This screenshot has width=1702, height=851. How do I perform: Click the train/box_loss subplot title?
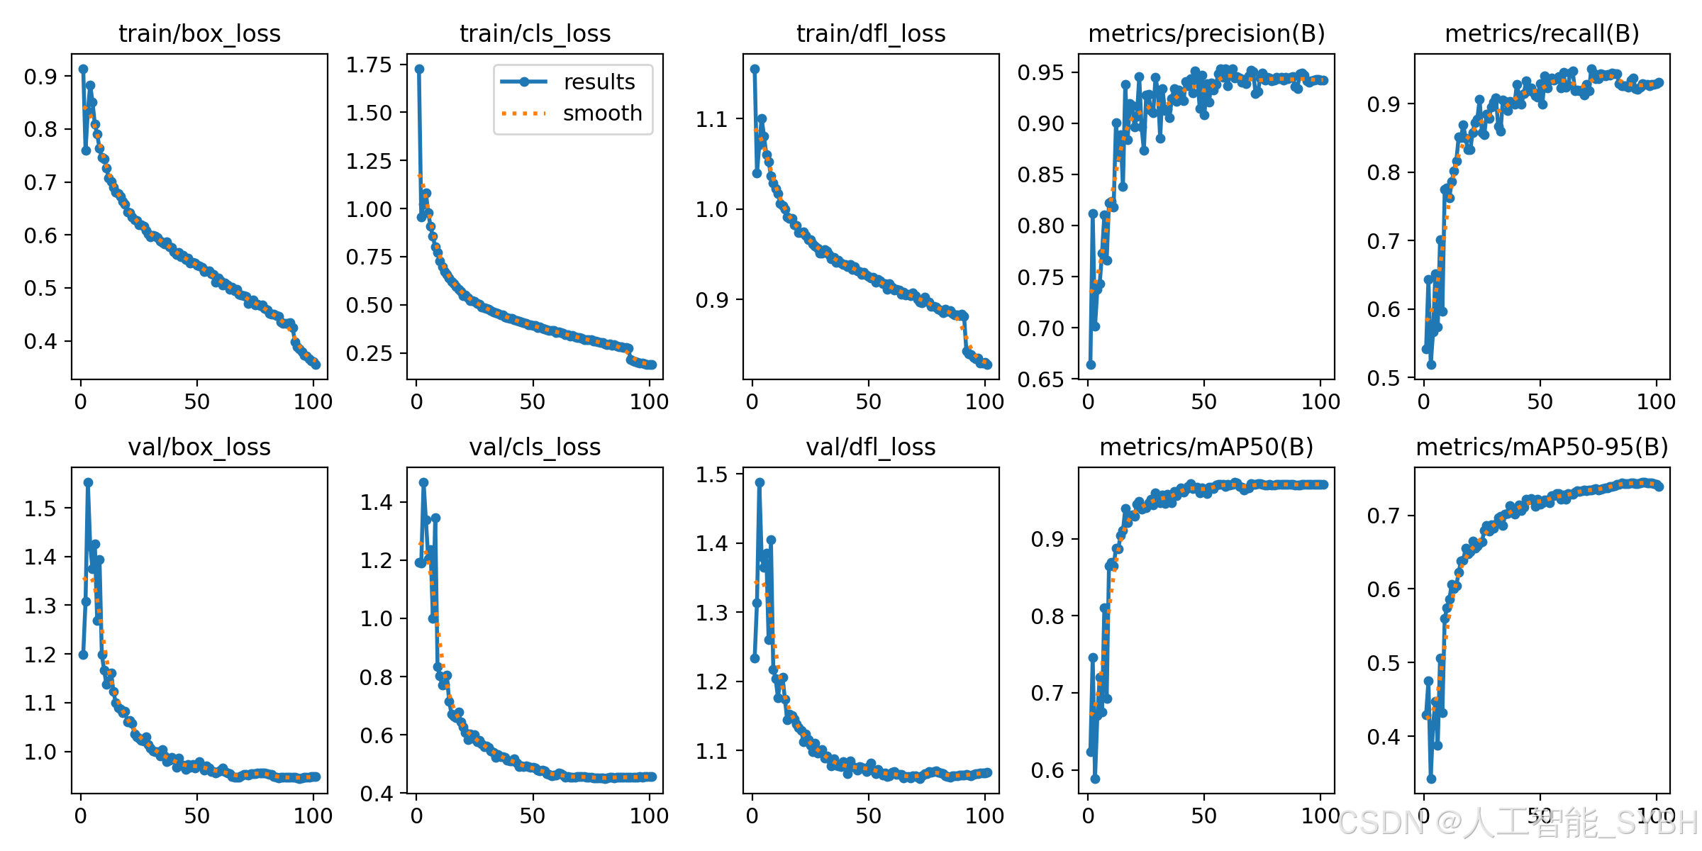[x=199, y=33]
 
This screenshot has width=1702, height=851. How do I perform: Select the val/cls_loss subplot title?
[x=535, y=447]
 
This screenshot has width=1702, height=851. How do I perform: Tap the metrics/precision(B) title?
[x=1206, y=33]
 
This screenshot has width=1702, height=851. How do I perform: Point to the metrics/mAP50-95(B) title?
[x=1542, y=447]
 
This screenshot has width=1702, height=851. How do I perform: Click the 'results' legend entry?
[x=599, y=82]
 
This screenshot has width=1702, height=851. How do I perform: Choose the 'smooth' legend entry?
[x=602, y=113]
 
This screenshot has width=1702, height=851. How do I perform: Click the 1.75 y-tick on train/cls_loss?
[x=369, y=65]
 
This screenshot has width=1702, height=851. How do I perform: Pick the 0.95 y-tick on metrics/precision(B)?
[x=1040, y=72]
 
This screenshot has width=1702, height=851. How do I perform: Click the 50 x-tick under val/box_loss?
[x=197, y=816]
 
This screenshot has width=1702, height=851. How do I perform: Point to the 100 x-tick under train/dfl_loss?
[x=984, y=402]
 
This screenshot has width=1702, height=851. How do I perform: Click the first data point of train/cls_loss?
[x=419, y=69]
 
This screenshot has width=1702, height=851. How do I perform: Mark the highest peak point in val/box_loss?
[x=88, y=482]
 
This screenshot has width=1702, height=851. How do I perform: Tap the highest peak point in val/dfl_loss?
[x=760, y=482]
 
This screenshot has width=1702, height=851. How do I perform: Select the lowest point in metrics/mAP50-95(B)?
[x=1431, y=779]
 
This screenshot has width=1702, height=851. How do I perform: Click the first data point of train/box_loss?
[x=83, y=69]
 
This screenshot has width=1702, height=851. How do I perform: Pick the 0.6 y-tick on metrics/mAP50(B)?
[x=1047, y=770]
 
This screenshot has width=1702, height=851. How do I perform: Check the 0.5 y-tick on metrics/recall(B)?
[x=1383, y=378]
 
